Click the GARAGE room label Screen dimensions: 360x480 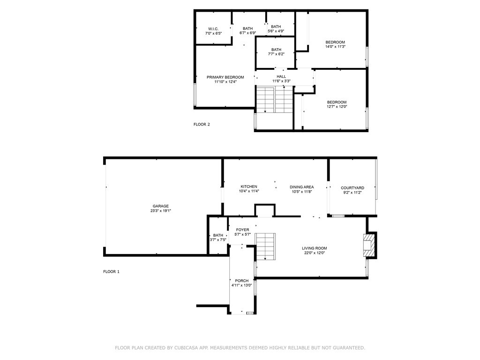(x=160, y=206)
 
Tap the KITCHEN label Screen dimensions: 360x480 (x=249, y=187)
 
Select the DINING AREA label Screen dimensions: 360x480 (x=301, y=187)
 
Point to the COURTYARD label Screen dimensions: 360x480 (x=352, y=187)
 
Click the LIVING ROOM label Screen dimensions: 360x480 (x=314, y=248)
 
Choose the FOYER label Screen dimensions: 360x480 (x=242, y=230)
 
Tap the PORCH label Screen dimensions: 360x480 (x=242, y=281)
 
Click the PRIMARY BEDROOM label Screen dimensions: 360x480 (x=225, y=77)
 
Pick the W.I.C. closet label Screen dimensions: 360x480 (x=213, y=29)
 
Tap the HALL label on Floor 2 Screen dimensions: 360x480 (x=281, y=76)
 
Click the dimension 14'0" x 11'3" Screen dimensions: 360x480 (x=335, y=47)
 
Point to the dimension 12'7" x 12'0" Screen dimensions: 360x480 (x=337, y=107)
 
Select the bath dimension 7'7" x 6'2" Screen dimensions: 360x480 (x=276, y=54)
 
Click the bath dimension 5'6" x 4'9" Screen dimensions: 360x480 (x=276, y=31)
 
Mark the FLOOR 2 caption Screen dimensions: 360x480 (x=202, y=125)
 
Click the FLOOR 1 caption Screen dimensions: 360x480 (x=111, y=271)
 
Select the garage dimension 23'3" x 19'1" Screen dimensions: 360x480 (x=160, y=211)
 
